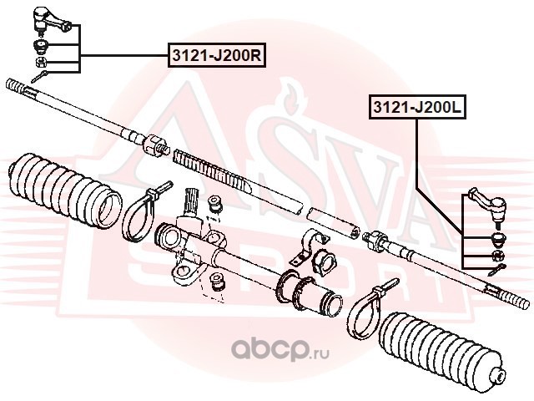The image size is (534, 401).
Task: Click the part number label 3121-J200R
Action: tap(217, 55)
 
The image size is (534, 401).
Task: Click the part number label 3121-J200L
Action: tap(417, 107)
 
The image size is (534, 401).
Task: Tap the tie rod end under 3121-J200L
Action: tap(488, 206)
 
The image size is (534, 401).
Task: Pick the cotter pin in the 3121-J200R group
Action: tap(39, 77)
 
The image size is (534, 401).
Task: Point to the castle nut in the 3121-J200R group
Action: tap(42, 62)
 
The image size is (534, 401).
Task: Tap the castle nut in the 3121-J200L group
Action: tap(499, 255)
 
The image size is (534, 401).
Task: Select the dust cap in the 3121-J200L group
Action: tap(499, 239)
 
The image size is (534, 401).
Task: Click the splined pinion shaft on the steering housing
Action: tap(192, 202)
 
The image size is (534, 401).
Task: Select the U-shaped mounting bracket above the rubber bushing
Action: tap(309, 247)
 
